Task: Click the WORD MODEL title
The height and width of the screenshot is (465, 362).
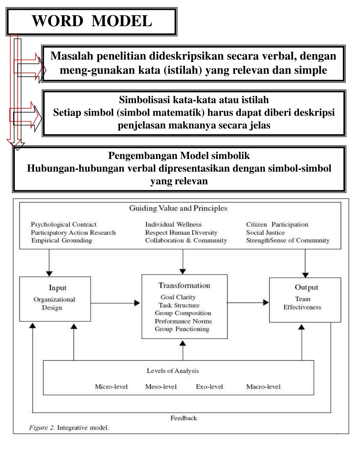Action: click(92, 21)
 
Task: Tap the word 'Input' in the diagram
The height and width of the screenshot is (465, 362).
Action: click(58, 288)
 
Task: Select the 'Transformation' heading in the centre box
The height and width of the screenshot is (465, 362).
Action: click(184, 285)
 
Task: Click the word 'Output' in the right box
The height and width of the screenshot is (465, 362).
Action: click(306, 287)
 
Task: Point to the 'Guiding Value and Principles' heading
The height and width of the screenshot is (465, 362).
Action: click(178, 208)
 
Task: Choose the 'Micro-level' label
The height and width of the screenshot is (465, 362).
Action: click(111, 386)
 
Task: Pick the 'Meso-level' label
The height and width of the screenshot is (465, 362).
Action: click(161, 386)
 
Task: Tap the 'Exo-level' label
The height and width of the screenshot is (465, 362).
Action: click(209, 386)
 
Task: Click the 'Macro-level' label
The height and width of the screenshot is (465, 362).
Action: click(263, 386)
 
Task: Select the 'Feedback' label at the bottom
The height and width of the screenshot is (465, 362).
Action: click(184, 418)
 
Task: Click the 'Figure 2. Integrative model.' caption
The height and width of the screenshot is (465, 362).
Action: click(69, 427)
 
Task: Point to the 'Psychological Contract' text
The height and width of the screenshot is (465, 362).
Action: click(64, 224)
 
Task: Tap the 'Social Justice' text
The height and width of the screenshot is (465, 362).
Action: click(265, 232)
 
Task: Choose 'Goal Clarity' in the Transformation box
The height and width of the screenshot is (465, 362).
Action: click(178, 297)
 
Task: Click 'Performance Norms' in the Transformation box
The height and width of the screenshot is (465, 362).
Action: click(183, 321)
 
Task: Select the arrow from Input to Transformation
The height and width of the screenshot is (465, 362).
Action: click(116, 303)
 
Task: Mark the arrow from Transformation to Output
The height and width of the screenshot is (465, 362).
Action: click(248, 302)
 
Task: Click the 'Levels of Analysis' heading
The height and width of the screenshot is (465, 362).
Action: click(173, 371)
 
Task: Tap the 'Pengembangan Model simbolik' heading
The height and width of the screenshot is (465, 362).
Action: click(179, 156)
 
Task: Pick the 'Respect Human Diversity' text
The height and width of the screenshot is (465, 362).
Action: click(181, 232)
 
